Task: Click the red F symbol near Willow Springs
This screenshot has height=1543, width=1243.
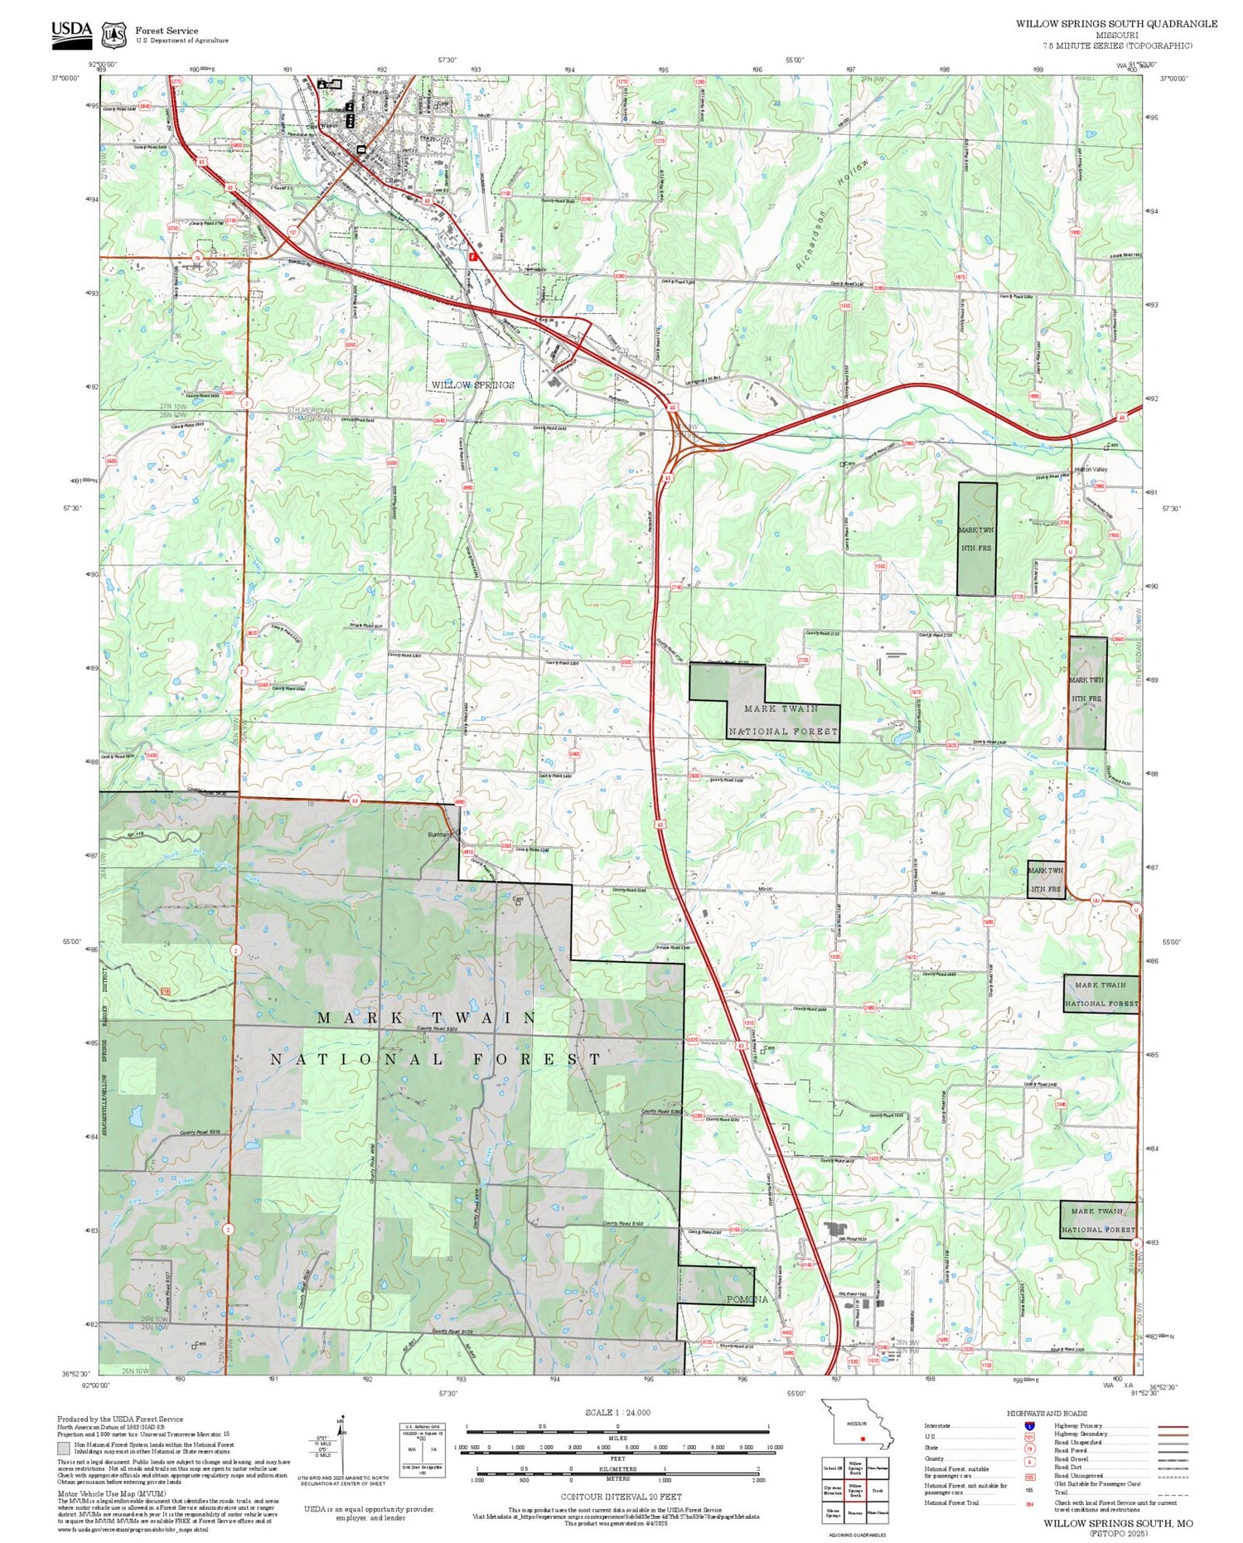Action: pos(472,257)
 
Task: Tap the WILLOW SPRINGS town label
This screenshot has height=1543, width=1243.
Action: pos(472,385)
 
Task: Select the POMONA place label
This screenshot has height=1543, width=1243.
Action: pos(747,1299)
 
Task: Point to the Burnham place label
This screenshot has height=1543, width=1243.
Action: pos(440,834)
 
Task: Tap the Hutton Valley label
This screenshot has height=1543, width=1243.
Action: pos(1091,470)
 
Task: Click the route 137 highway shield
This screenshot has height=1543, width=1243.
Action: pos(293,232)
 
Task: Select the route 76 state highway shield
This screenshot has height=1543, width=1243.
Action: pos(198,257)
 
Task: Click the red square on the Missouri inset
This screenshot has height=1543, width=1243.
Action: pos(863,1439)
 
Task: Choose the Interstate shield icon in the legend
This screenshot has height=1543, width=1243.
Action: pos(1029,1425)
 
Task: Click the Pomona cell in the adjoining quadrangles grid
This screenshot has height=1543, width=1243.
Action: pos(855,1512)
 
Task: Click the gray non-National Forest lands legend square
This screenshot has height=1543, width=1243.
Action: pos(64,1449)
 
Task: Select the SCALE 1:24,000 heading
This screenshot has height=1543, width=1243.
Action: pos(617,1412)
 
